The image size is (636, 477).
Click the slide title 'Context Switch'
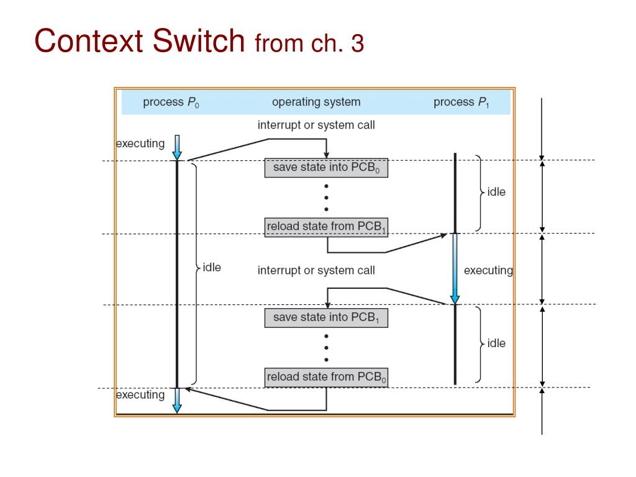click(x=140, y=41)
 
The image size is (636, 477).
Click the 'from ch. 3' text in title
click(x=309, y=43)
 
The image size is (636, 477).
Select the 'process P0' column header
click(x=171, y=102)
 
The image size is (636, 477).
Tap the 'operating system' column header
click(x=316, y=102)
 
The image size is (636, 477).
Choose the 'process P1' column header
click(x=461, y=102)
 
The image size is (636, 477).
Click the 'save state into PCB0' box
click(x=326, y=168)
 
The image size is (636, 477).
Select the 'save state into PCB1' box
click(x=326, y=318)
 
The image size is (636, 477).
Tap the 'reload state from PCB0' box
click(x=326, y=378)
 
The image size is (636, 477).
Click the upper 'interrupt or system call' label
click(x=316, y=125)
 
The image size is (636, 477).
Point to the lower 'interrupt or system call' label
click(x=316, y=270)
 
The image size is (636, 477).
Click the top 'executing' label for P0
click(x=141, y=143)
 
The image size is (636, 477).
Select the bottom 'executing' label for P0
click(x=141, y=395)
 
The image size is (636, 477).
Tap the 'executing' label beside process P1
click(x=488, y=270)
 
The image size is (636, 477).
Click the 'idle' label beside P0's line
click(x=212, y=268)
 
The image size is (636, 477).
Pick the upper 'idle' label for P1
click(x=496, y=192)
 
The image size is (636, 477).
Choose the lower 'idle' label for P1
click(x=496, y=343)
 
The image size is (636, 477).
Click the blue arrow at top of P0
click(x=177, y=148)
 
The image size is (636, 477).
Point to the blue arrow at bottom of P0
click(x=177, y=400)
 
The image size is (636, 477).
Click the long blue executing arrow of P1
click(x=455, y=268)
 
